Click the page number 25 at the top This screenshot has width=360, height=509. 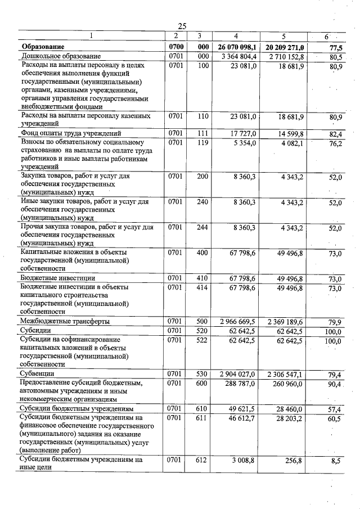click(x=182, y=26)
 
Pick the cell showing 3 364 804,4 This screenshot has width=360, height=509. click(x=240, y=56)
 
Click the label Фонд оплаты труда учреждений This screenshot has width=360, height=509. click(x=71, y=133)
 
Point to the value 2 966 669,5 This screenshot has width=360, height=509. click(x=238, y=321)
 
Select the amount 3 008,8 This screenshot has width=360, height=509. click(x=247, y=460)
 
